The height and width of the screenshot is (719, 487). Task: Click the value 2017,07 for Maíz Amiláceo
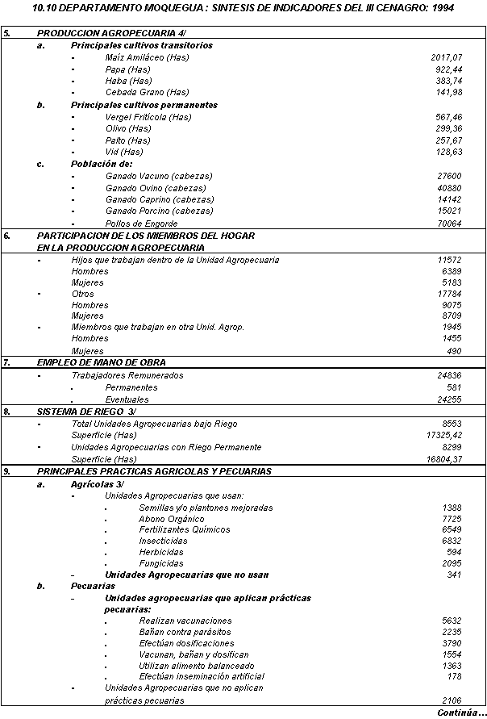(447, 58)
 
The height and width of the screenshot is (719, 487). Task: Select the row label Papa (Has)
(127, 69)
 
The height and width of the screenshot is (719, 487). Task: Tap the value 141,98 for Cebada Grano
(448, 92)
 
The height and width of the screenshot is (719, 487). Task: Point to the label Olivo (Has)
(127, 128)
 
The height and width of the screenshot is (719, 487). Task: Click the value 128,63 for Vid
(448, 152)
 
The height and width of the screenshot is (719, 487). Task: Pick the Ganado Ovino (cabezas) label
(156, 188)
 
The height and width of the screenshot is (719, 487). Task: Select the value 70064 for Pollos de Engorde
(450, 224)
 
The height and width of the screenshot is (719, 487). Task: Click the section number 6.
(6, 236)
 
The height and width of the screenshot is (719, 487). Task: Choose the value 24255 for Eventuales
(450, 399)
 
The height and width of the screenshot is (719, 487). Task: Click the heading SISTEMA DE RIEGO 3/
(86, 412)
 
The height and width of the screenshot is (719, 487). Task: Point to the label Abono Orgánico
(172, 519)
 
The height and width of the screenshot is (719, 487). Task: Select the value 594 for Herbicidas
(454, 552)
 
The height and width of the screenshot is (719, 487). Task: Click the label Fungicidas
(161, 563)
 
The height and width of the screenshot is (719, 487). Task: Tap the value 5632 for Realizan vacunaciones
(452, 621)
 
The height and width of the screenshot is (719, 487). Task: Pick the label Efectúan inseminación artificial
(202, 676)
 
